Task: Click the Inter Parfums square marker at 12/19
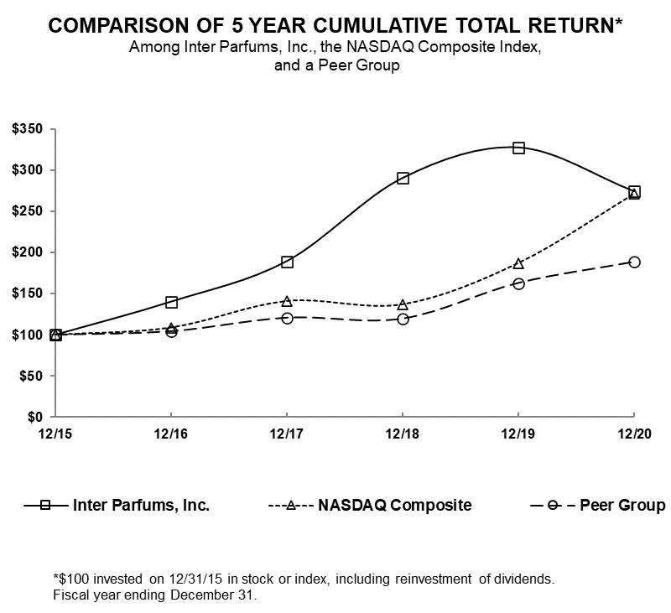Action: (518, 148)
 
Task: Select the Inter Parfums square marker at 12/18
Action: (403, 178)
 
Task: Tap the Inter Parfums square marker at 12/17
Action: (287, 262)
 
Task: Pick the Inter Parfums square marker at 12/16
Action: (171, 302)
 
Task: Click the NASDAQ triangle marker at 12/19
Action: (518, 263)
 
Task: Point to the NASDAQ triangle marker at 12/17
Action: (287, 301)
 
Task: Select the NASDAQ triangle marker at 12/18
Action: (403, 304)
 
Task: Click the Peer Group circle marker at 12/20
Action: (634, 262)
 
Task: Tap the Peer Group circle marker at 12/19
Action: (518, 283)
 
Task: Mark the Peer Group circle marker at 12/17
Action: (287, 318)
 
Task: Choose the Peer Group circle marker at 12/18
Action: (403, 319)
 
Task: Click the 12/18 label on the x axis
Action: (403, 434)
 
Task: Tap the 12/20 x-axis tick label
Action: (633, 434)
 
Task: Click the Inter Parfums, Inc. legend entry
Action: (141, 505)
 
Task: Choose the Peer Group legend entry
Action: (622, 505)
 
